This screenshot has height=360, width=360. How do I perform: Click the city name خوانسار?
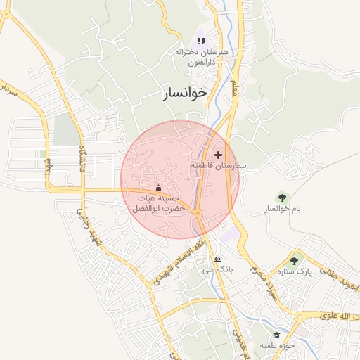(186, 92)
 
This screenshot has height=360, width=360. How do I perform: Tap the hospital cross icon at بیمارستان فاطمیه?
(218, 154)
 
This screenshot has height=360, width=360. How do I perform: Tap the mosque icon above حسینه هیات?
(158, 188)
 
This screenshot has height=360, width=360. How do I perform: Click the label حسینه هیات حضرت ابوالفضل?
(159, 204)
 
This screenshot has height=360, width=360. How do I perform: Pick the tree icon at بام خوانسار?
(282, 198)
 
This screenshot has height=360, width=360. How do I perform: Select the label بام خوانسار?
(281, 210)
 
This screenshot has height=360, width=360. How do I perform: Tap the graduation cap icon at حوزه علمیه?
(277, 335)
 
